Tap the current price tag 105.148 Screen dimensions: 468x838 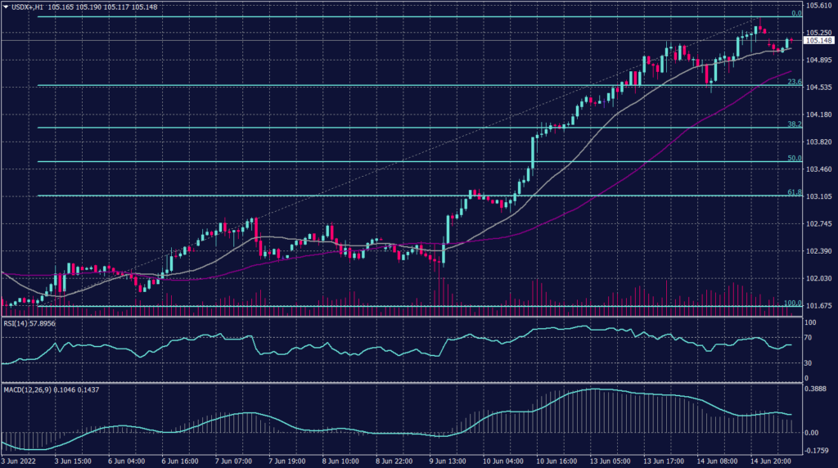[818, 40]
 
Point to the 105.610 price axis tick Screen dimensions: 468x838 [818, 6]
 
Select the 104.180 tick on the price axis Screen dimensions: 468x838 [818, 115]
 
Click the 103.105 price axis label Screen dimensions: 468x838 [818, 196]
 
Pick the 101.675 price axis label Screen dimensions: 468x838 [818, 306]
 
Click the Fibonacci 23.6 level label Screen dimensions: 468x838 [794, 82]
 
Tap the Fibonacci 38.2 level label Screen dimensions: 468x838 [794, 124]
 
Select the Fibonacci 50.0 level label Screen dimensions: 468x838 [794, 158]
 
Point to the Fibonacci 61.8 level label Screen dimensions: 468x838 [794, 192]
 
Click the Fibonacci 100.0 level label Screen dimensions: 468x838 [792, 303]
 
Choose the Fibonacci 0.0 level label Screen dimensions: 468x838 [795, 13]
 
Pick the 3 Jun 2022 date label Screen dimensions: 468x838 [20, 461]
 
